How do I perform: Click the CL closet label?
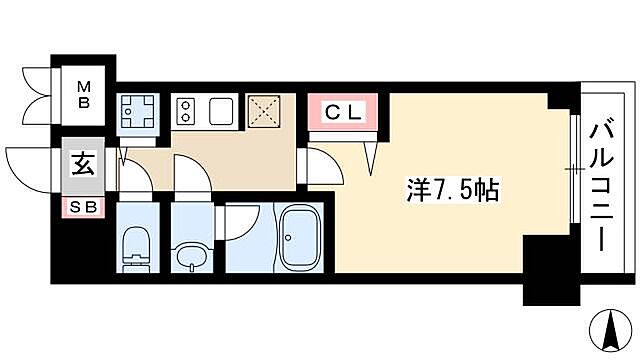tap(344, 111)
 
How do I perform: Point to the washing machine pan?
tap(136, 111)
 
